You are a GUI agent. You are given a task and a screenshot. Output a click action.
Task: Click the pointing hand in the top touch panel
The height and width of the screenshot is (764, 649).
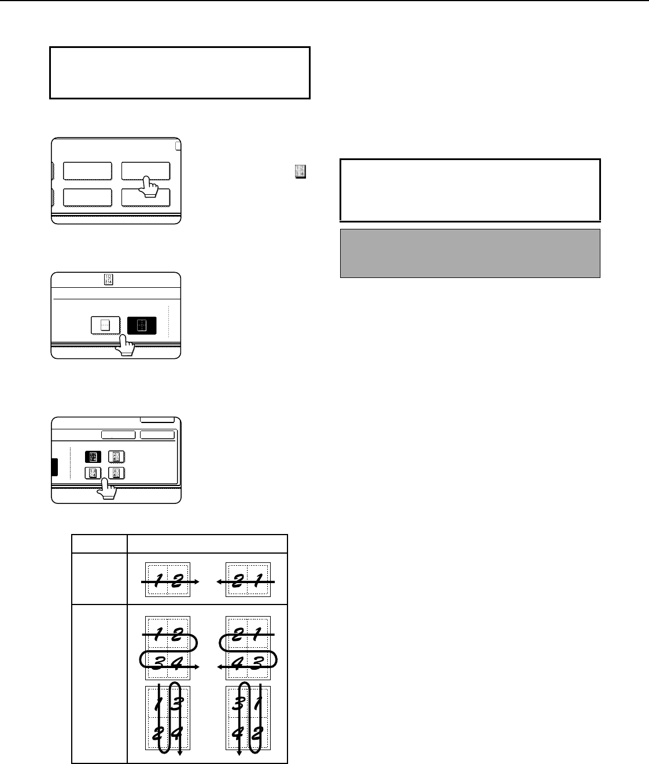[149, 187]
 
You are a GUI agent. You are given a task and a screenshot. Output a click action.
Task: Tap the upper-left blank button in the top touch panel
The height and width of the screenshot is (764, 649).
[87, 170]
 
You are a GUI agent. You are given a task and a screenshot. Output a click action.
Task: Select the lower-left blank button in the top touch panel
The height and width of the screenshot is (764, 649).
[87, 198]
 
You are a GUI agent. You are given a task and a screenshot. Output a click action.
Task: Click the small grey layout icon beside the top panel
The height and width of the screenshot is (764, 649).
[300, 172]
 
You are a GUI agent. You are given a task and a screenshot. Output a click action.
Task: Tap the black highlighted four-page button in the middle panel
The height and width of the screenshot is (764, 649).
[142, 325]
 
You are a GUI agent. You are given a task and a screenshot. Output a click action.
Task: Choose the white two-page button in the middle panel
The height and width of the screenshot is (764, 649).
[105, 325]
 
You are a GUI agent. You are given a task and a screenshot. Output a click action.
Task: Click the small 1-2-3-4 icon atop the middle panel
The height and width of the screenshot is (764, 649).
[108, 279]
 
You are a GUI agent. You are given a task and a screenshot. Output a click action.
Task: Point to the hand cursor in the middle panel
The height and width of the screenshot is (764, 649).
[125, 345]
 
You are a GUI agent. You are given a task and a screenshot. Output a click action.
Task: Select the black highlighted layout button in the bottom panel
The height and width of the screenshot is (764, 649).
[93, 457]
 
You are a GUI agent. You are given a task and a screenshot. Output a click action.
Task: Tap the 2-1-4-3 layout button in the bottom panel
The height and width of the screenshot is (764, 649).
[116, 457]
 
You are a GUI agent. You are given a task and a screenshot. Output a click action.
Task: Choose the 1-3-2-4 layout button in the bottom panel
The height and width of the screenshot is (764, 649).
[93, 473]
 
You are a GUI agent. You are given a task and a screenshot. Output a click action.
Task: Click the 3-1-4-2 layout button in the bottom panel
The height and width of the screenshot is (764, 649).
[116, 473]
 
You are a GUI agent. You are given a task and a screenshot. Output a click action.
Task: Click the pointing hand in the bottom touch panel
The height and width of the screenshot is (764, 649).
[106, 489]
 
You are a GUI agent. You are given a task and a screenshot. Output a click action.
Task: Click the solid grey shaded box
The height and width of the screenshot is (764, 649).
[470, 253]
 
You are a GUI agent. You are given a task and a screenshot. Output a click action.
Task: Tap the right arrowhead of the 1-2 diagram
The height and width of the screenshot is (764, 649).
[197, 582]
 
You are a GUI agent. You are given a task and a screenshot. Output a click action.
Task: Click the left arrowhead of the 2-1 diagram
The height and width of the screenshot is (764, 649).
[219, 582]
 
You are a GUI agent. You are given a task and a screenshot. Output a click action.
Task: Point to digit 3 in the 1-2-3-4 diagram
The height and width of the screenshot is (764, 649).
[158, 663]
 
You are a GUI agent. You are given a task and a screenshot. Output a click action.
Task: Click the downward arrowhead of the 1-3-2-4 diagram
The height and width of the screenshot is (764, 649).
[180, 753]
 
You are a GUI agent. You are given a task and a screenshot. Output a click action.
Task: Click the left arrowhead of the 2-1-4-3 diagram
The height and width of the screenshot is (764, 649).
[219, 667]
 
